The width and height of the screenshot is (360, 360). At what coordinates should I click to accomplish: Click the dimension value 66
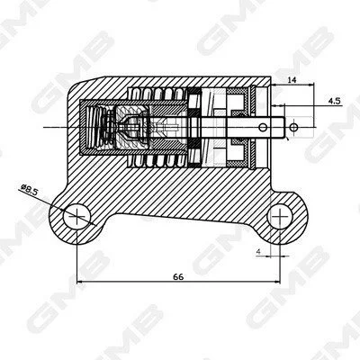[x=178, y=276]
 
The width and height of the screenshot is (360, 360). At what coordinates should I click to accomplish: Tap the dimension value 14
[x=292, y=80]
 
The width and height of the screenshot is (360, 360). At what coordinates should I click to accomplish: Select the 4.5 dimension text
[x=335, y=101]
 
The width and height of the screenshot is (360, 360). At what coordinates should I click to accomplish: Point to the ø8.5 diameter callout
[x=29, y=190]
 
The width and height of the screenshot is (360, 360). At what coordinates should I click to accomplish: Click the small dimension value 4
[x=258, y=252]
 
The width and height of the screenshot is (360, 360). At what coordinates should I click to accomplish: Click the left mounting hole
[x=76, y=217]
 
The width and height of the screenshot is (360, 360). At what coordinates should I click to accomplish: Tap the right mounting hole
[x=280, y=216]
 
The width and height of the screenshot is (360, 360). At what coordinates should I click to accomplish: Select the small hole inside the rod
[x=263, y=128]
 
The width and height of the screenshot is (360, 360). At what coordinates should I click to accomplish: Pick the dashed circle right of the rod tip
[x=294, y=128]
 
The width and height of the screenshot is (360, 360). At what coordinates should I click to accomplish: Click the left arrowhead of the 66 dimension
[x=80, y=282]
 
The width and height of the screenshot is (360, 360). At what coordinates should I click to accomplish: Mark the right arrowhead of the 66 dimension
[x=277, y=282]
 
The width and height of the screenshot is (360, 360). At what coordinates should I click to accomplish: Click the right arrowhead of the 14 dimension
[x=310, y=85]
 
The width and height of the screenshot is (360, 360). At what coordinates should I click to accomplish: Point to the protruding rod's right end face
[x=284, y=128]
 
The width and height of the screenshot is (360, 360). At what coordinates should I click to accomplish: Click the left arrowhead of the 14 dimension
[x=274, y=85]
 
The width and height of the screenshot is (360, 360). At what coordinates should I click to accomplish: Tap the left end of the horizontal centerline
[x=44, y=128]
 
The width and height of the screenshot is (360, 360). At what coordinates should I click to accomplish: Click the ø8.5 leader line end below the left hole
[x=95, y=225]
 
